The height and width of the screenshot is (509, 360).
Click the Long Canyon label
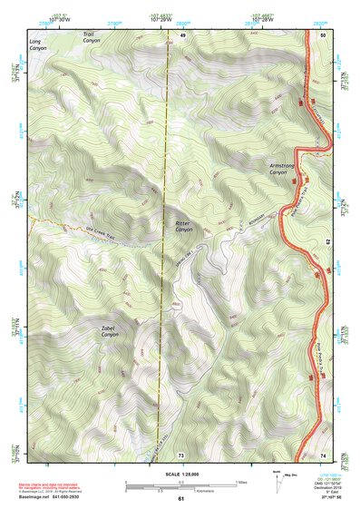[35, 44]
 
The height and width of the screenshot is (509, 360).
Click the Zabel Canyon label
[110, 332]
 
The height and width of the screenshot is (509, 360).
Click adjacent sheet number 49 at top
[181, 34]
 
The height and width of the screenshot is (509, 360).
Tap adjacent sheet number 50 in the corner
[323, 34]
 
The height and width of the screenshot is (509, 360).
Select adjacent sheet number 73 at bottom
[181, 455]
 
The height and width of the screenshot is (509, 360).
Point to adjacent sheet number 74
[323, 455]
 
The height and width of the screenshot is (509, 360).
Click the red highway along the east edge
[323, 272]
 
